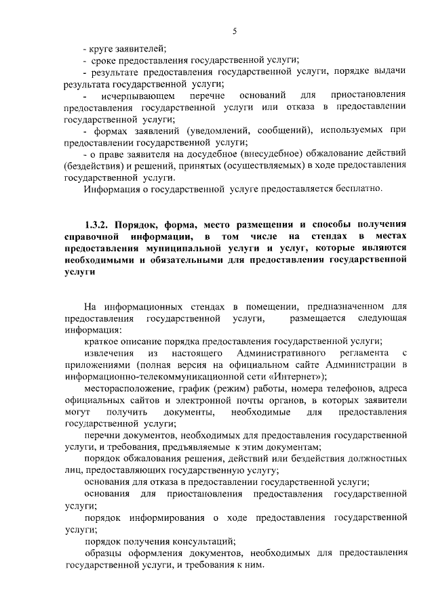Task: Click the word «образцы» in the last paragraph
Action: (x=102, y=553)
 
